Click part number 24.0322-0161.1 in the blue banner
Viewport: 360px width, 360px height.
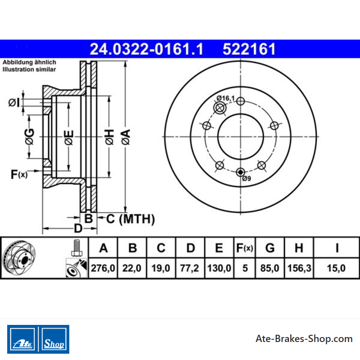pos(147,49)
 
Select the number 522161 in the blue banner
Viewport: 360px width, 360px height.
pos(249,49)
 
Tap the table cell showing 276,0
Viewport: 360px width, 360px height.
pos(103,268)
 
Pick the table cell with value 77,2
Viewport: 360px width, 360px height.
pos(189,268)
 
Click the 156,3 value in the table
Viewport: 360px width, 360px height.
pos(299,268)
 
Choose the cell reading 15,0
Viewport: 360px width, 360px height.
pos(336,268)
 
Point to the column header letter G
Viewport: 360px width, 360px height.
pos(270,248)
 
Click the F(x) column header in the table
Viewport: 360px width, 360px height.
pos(244,248)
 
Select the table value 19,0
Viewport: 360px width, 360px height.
pos(161,268)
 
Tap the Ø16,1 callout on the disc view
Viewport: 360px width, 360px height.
pos(226,98)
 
